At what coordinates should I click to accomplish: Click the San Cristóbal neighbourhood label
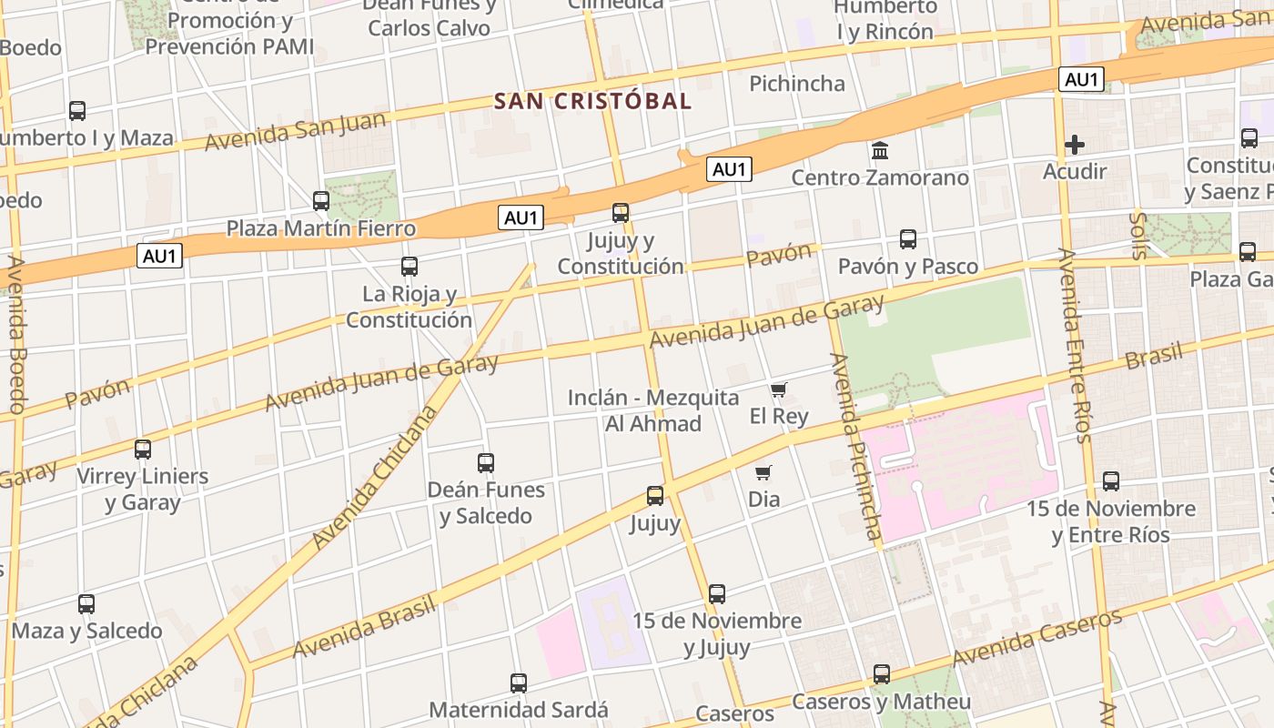point(592,101)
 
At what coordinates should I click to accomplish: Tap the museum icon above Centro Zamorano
point(880,150)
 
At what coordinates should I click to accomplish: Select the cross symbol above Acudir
point(1075,144)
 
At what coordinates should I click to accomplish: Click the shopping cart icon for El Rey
point(778,390)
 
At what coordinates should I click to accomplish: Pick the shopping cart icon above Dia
point(763,472)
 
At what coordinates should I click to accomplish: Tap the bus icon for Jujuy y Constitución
point(621,213)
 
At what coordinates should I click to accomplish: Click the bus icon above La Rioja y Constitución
point(409,267)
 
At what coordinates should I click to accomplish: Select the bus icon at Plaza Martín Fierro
point(321,201)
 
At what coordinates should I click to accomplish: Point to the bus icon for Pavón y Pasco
point(908,239)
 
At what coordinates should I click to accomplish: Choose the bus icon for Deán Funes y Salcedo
point(486,462)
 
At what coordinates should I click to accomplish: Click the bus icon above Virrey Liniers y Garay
point(143,449)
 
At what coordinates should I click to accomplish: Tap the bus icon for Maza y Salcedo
point(86,603)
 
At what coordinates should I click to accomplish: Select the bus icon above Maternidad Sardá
point(519,682)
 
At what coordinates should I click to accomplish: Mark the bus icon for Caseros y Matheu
point(881,674)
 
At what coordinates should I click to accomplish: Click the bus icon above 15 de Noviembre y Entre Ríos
point(1111,481)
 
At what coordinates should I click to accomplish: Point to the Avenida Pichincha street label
point(856,446)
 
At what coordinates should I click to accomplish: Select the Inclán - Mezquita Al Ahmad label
point(653,410)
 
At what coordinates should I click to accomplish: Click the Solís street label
point(1137,236)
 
